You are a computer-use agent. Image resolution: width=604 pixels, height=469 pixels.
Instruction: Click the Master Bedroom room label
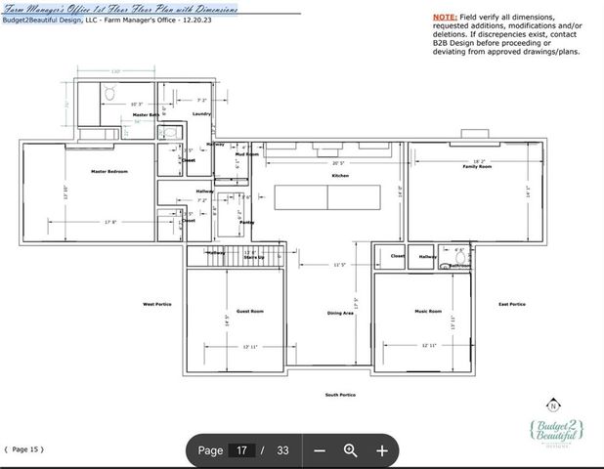click(108, 171)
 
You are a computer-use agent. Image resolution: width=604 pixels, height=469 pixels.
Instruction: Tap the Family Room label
click(476, 167)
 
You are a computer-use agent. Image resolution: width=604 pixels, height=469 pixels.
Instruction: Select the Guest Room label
click(250, 311)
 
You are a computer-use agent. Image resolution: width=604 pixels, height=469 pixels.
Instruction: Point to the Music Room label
click(431, 311)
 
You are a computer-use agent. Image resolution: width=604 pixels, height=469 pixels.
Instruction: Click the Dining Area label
click(340, 313)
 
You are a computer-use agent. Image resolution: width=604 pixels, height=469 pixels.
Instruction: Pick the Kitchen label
click(339, 176)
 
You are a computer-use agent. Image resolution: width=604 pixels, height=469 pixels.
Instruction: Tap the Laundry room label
click(201, 114)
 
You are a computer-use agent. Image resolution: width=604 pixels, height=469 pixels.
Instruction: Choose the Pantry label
click(246, 223)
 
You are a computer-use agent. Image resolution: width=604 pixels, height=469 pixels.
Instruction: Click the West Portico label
click(156, 304)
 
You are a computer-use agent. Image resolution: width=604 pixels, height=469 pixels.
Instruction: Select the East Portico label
click(511, 304)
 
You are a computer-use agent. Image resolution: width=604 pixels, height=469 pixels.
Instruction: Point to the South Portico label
click(340, 395)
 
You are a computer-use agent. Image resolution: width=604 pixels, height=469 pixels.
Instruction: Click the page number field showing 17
click(243, 450)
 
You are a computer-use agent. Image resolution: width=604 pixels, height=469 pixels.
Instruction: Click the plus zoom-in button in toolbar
click(382, 450)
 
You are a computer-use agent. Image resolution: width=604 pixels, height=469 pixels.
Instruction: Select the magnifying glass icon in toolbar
click(351, 450)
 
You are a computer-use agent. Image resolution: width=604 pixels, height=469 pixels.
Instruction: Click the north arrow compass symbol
click(553, 405)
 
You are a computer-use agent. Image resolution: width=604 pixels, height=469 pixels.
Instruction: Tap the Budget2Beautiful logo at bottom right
click(555, 433)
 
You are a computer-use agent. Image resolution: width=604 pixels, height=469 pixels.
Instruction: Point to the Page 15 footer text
click(24, 449)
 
